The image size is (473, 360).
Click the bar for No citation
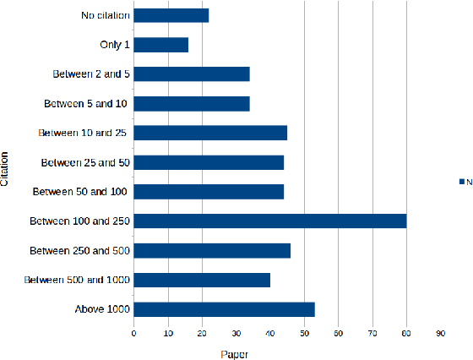(171, 15)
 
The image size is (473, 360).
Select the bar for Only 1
(161, 45)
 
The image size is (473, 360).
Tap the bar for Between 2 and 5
(192, 74)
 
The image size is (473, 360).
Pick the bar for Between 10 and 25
(210, 133)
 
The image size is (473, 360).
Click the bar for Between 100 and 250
(270, 221)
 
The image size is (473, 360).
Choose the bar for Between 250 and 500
(212, 250)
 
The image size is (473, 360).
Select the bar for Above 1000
(225, 309)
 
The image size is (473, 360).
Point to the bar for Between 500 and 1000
(202, 280)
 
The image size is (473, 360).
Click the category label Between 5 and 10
(85, 104)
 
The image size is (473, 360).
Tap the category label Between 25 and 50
(84, 162)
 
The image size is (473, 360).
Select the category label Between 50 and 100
(80, 192)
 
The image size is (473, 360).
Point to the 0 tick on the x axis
(133, 334)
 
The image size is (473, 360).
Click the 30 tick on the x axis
(236, 334)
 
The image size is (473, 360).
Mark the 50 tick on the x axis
(304, 334)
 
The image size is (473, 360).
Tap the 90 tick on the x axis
(441, 334)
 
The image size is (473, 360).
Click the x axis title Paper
(236, 353)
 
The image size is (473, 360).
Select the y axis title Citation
(7, 168)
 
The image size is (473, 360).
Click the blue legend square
(462, 182)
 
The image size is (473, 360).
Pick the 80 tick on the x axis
(406, 334)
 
